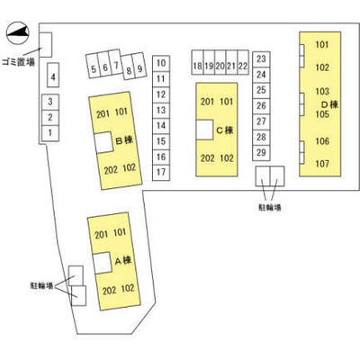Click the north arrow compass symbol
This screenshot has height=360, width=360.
tap(18, 33)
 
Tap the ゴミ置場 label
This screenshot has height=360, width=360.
tap(18, 62)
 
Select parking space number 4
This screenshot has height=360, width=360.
tap(53, 75)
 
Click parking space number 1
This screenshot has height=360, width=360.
tap(50, 133)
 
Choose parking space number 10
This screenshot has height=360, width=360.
tap(161, 63)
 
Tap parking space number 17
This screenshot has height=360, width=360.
tap(161, 173)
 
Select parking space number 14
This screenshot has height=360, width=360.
tap(161, 126)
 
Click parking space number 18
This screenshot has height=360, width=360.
tap(197, 62)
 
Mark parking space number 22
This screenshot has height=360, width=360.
tap(243, 62)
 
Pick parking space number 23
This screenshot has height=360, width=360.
tap(261, 59)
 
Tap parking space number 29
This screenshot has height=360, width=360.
tap(261, 153)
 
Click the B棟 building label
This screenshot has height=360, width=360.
tap(124, 140)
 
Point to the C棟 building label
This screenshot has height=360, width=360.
tap(225, 130)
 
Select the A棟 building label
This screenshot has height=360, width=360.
tap(123, 261)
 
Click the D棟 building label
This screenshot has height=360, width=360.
tap(330, 104)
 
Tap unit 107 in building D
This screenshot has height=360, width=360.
tap(322, 164)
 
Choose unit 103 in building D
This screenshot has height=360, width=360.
tap(322, 91)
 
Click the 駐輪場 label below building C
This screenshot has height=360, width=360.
tap(270, 207)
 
